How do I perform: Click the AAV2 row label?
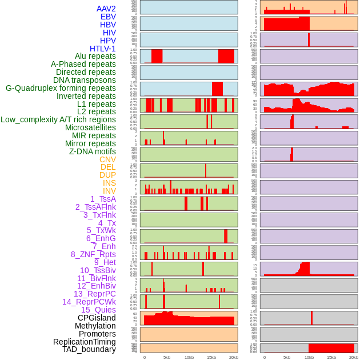[106, 9]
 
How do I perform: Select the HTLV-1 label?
[103, 49]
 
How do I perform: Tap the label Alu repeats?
[95, 57]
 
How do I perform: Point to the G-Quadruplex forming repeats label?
[61, 88]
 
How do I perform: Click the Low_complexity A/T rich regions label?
[58, 119]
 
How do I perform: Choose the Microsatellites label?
[90, 127]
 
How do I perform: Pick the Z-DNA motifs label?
[93, 151]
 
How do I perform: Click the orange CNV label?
[107, 159]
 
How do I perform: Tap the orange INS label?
[109, 183]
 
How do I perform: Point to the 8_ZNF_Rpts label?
[93, 254]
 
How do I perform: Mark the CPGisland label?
[97, 318]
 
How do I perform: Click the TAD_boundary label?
[89, 349]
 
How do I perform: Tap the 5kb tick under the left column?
[167, 357]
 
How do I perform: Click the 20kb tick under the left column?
[234, 357]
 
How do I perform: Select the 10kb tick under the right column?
[309, 357]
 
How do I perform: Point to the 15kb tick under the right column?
[331, 357]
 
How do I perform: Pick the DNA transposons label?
[85, 80]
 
